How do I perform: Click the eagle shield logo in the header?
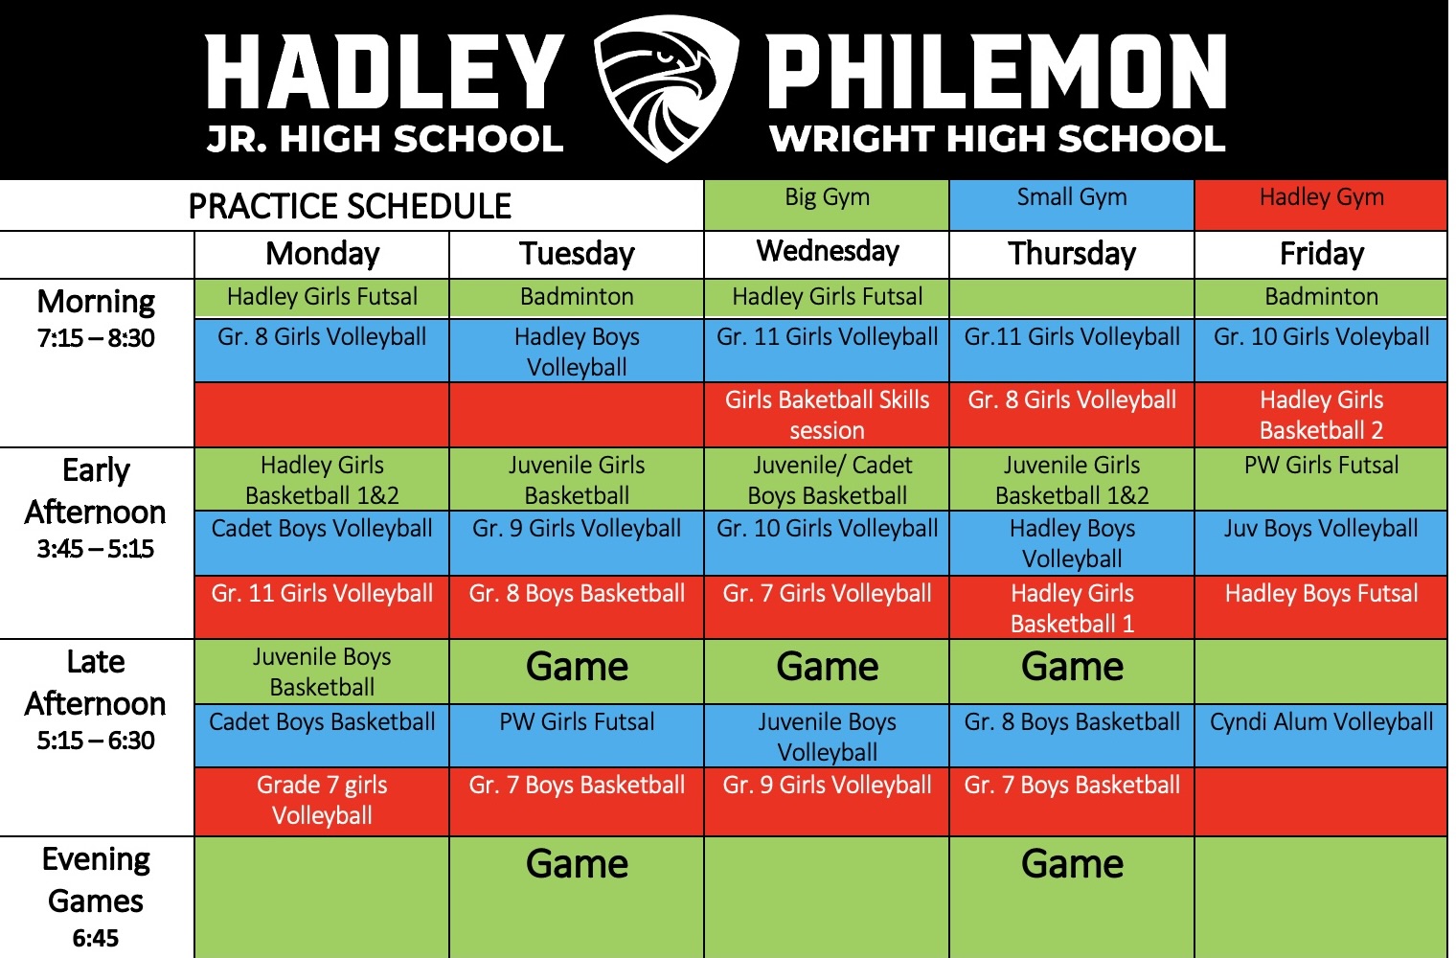tap(667, 88)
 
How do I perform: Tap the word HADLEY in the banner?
tap(385, 72)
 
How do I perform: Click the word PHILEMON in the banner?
tap(996, 72)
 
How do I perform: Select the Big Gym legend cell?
tap(827, 205)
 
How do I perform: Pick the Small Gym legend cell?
tap(1072, 205)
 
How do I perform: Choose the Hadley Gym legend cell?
tap(1322, 205)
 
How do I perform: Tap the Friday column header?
tap(1322, 254)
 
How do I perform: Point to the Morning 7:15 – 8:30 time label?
tap(96, 318)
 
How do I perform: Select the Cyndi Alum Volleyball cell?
tap(1322, 735)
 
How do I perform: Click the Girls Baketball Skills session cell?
tap(827, 415)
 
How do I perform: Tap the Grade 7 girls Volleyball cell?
tap(322, 801)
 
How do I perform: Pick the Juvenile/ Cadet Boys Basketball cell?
tap(827, 480)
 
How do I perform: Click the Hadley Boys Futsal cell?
tap(1322, 606)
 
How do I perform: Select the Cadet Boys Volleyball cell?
tap(322, 542)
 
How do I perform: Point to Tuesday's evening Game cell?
tap(578, 897)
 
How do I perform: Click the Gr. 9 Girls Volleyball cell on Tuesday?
tap(578, 542)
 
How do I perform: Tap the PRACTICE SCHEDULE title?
tap(350, 206)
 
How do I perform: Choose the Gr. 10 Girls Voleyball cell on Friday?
tap(1322, 350)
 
